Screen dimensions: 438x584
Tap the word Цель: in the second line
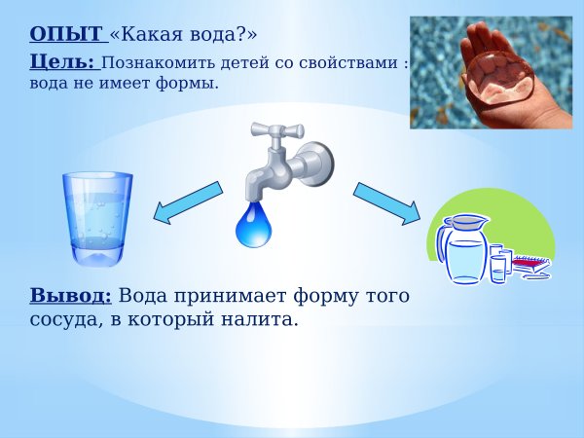[62, 62]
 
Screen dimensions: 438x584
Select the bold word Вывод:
[71, 296]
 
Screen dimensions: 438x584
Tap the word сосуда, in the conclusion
[63, 318]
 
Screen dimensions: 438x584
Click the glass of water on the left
[97, 219]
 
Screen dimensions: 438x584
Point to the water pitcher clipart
[464, 248]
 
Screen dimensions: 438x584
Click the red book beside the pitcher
[531, 263]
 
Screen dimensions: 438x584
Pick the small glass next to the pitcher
[498, 265]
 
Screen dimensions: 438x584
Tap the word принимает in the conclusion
[209, 296]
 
